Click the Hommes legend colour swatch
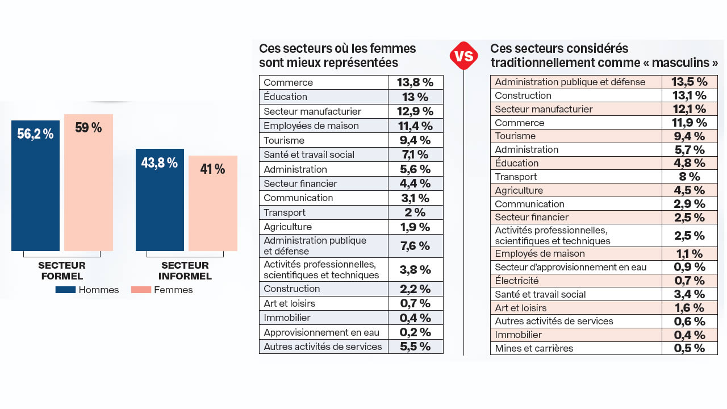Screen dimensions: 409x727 [65, 290]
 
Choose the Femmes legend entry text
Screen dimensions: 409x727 [173, 290]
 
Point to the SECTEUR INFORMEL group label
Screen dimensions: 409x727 [185, 271]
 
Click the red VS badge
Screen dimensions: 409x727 [463, 56]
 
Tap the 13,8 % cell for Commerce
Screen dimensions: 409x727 [415, 82]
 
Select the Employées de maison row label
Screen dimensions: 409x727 [311, 126]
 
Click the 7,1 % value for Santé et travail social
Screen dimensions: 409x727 [415, 155]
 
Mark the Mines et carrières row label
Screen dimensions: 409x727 [534, 348]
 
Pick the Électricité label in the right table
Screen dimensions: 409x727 [516, 281]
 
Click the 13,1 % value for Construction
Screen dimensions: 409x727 [689, 95]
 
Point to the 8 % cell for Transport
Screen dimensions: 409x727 [689, 177]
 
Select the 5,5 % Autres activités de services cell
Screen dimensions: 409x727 [415, 347]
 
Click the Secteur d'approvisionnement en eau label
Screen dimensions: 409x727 [570, 267]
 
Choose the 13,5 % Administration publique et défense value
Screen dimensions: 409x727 [689, 82]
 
